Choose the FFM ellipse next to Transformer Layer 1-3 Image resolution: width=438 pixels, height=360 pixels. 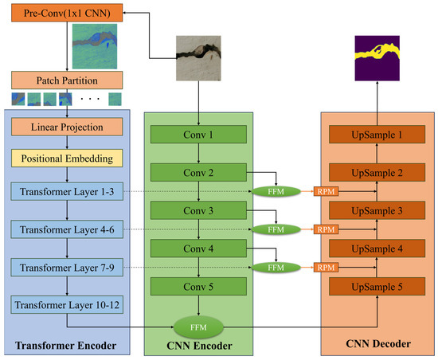[x=275, y=192]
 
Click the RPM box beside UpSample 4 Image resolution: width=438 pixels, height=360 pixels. [x=325, y=267]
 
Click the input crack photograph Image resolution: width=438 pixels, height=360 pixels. [x=197, y=61]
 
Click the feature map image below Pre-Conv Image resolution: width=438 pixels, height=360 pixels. [x=93, y=45]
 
